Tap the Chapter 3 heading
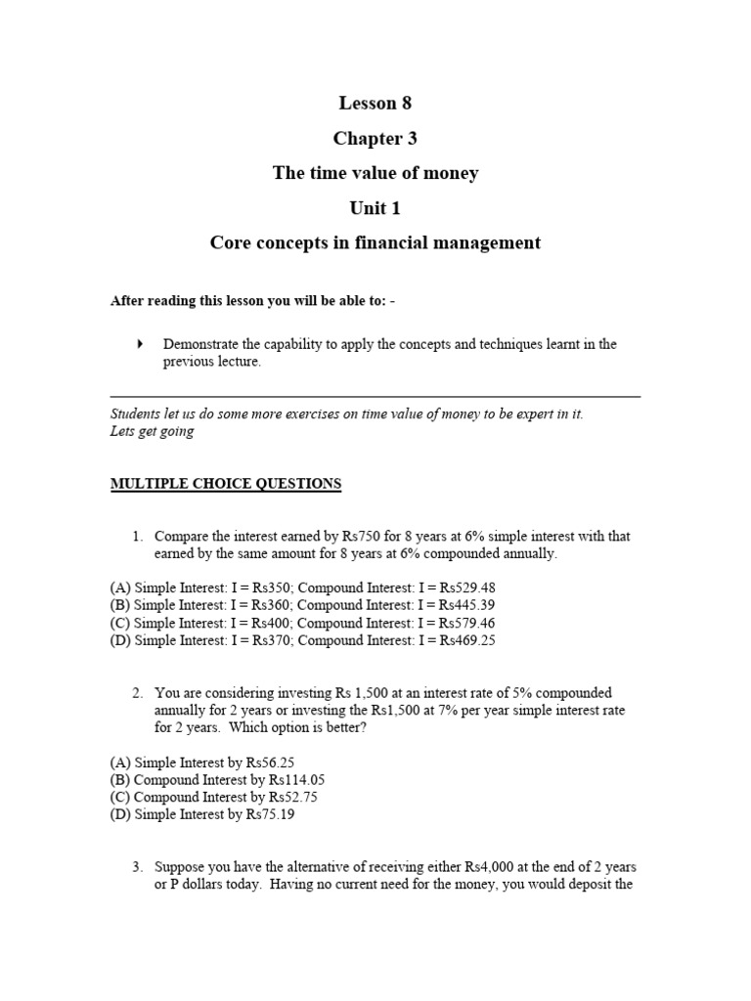[375, 138]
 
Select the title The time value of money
[375, 173]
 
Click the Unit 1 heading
[375, 208]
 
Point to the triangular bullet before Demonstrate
[140, 344]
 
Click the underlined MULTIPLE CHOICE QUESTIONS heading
[226, 484]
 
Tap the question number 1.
[137, 536]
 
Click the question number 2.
[137, 692]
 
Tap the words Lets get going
[152, 431]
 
